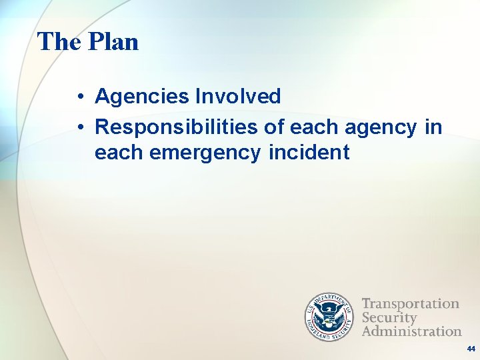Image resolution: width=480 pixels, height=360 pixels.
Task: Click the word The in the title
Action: coord(59,42)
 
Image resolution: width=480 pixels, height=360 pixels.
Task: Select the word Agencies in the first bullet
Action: coord(142,97)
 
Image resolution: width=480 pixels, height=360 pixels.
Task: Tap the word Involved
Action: coord(238,97)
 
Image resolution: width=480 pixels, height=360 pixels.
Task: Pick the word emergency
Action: coord(206,153)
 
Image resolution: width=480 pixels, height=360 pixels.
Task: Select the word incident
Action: coord(309,153)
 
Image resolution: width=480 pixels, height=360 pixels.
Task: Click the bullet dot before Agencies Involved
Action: coord(79,97)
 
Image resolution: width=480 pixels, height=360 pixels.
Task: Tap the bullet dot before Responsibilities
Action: coord(79,127)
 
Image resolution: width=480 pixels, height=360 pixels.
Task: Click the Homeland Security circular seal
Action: coord(331,317)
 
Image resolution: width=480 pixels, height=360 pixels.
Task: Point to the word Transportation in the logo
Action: coord(411,305)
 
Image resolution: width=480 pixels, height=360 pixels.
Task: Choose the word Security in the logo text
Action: coord(389,317)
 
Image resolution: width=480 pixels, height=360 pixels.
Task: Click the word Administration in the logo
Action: coord(411,331)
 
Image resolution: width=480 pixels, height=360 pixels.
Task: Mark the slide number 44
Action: coord(471,349)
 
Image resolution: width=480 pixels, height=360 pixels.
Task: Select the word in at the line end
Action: coord(433,127)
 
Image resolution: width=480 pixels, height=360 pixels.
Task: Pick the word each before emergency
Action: coord(119,153)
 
